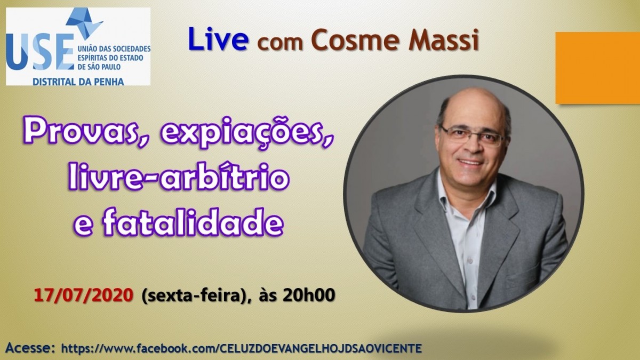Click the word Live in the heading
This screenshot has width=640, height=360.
pos(218,39)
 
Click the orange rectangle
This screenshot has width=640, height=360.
pos(598,68)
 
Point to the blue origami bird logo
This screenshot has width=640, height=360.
pos(85,23)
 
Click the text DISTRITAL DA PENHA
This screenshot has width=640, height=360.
pos(78,82)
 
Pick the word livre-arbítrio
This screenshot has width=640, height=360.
pos(179,177)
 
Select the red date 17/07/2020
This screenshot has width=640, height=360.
pos(84,295)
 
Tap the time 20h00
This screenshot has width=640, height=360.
pos(308,295)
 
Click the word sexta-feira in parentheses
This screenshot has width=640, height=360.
pos(194,295)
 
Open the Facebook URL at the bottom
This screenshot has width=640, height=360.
pos(242,348)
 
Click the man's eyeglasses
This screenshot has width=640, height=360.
pos(472,135)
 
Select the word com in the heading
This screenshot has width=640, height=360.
pos(279,43)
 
